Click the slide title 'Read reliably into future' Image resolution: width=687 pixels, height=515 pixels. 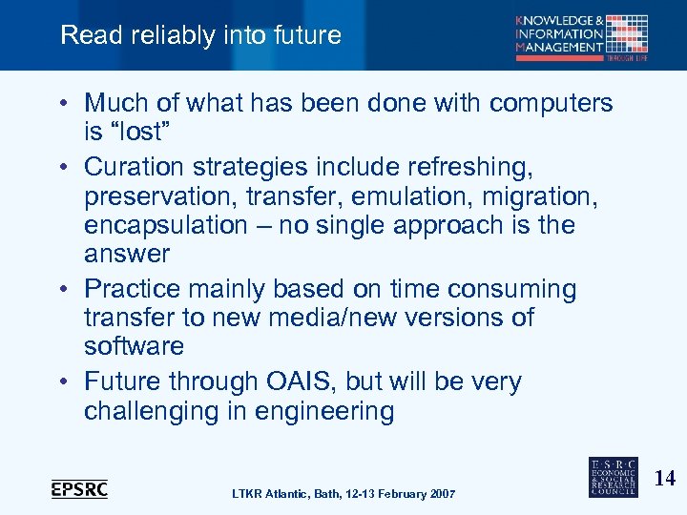click(x=200, y=35)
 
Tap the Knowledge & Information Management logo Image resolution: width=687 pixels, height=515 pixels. click(x=582, y=37)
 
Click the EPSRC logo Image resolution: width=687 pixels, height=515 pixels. click(x=79, y=488)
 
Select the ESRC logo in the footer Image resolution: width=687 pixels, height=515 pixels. click(x=614, y=475)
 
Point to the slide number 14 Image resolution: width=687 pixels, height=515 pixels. click(x=664, y=479)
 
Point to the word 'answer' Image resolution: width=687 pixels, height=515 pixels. click(x=127, y=254)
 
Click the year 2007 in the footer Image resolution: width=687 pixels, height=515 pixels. click(x=440, y=493)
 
